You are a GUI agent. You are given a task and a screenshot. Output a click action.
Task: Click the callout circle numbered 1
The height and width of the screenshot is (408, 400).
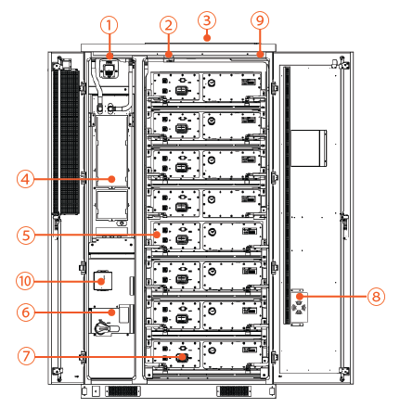[x=110, y=24]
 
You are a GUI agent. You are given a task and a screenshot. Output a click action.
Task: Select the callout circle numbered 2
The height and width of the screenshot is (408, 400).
[x=168, y=24]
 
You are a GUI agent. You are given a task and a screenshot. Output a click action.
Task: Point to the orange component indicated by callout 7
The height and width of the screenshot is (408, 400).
[x=182, y=356]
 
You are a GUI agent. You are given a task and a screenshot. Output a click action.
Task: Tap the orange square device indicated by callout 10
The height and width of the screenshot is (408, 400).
[x=105, y=279]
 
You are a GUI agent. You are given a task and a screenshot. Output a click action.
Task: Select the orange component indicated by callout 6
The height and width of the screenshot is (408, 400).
[x=111, y=312]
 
